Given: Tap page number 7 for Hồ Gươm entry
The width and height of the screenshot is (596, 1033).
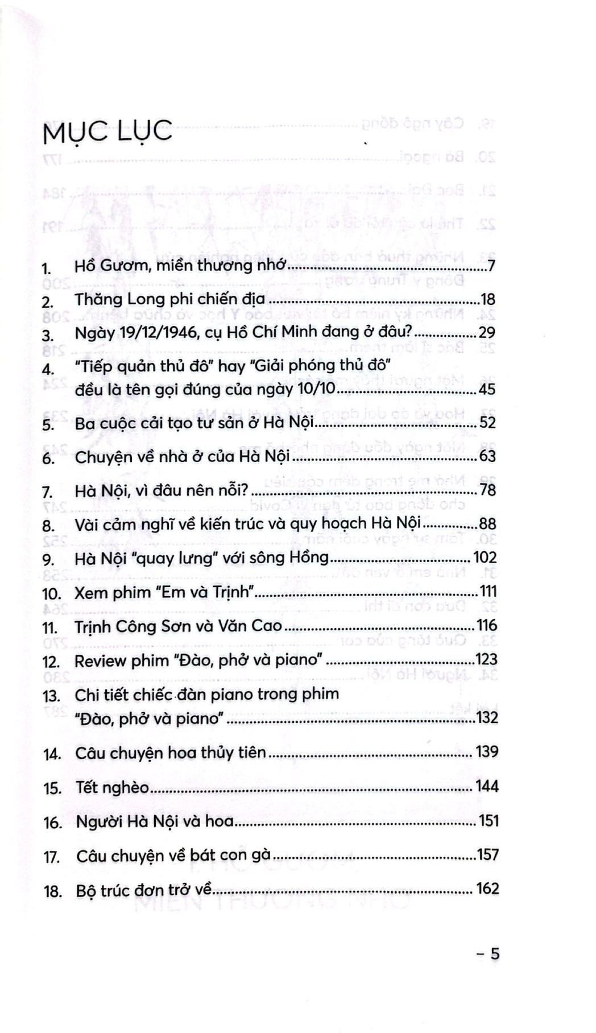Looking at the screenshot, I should [491, 266].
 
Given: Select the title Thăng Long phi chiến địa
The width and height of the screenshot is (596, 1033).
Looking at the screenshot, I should [170, 299].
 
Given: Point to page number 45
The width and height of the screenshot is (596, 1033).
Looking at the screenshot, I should [487, 390].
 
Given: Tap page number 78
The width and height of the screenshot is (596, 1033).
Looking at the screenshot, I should [487, 490].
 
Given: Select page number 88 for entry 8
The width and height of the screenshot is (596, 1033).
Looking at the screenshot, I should [487, 524].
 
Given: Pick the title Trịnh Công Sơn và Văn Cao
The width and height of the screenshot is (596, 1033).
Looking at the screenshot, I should [178, 626].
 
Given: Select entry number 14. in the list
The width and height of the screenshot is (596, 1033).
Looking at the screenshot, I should [51, 755].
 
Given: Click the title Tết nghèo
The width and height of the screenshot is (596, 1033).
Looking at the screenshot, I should [113, 788].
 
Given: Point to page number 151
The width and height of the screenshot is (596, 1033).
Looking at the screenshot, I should [487, 821].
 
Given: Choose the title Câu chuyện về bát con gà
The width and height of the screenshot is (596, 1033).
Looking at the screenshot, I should [176, 856].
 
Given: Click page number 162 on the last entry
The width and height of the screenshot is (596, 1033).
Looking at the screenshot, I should [487, 889].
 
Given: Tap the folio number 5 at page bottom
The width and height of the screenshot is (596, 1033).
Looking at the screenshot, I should [494, 953].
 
